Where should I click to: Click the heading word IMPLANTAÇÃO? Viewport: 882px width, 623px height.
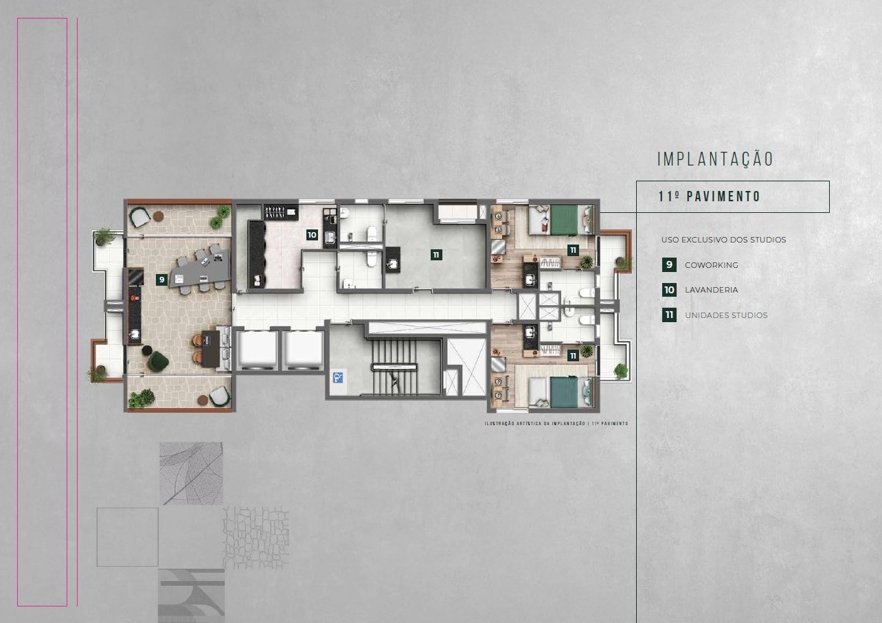[715, 159]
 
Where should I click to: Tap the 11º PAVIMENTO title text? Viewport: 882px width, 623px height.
[710, 196]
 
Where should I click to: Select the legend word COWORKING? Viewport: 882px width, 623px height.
[712, 265]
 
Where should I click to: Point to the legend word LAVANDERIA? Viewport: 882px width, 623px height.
[712, 290]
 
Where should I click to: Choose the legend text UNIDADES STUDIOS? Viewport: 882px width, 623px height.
[726, 315]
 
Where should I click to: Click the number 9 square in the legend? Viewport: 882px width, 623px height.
[669, 264]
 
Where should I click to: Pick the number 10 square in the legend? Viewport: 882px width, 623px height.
[669, 290]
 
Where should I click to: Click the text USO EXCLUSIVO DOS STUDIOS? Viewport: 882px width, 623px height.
[724, 240]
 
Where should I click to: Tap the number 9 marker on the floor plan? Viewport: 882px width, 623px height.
[161, 280]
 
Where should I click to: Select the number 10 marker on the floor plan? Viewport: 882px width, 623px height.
[312, 235]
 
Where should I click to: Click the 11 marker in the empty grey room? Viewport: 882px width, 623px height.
[436, 255]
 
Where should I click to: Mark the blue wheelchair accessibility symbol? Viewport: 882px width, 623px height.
[338, 378]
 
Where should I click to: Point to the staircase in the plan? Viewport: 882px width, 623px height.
[394, 367]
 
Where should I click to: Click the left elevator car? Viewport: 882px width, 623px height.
[257, 350]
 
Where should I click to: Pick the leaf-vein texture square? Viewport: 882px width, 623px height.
[192, 473]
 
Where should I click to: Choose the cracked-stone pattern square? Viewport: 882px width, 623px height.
[256, 538]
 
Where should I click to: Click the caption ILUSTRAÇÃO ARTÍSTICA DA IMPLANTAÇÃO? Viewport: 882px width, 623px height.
[534, 424]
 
